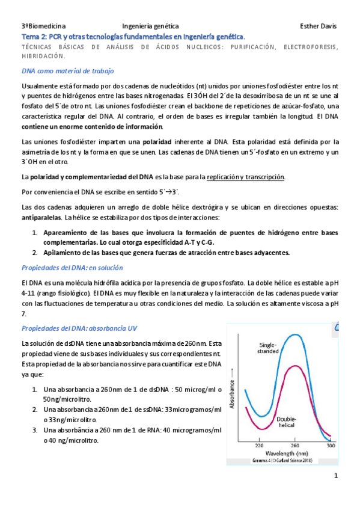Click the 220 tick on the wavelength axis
coord(259,446)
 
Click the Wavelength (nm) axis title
coord(288,453)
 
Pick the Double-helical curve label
coord(290,422)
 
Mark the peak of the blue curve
coord(294,334)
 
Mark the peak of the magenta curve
coord(293,366)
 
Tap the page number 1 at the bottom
coord(337,476)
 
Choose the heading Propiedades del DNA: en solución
coord(72,267)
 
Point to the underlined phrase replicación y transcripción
coord(245,177)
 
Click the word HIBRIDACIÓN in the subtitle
coord(43,56)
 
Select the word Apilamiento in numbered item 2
coord(65,253)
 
